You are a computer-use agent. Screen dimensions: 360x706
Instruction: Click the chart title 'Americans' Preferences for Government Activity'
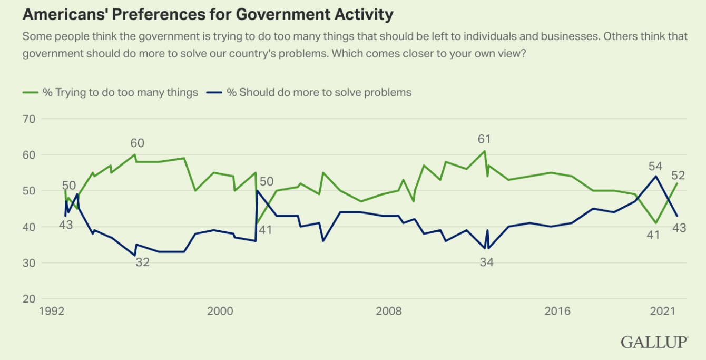[x=208, y=14]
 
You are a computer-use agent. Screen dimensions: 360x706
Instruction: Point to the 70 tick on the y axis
[x=28, y=119]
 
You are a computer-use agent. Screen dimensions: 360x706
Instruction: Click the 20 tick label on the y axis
[x=28, y=299]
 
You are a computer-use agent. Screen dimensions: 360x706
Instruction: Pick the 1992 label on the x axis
[x=51, y=312]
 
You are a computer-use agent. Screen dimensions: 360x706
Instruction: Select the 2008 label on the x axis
[x=389, y=312]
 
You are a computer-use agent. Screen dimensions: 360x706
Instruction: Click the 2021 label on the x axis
[x=663, y=312]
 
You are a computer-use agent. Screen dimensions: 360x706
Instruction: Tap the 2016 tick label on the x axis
[x=557, y=312]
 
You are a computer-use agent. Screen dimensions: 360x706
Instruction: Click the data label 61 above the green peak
[x=484, y=139]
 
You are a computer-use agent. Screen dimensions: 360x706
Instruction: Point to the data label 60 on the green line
[x=137, y=143]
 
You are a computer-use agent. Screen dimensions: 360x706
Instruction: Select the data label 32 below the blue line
[x=142, y=262]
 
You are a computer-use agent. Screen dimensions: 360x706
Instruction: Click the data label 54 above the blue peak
[x=655, y=167]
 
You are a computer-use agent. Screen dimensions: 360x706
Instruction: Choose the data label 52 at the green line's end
[x=678, y=176]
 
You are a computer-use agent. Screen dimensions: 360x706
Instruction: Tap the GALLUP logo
[x=654, y=342]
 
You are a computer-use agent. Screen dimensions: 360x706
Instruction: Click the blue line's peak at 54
[x=655, y=176]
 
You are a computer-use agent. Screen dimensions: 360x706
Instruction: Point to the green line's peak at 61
[x=484, y=151]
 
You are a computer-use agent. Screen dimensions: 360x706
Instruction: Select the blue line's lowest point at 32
[x=135, y=256]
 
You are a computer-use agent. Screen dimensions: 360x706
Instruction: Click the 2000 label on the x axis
[x=220, y=312]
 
